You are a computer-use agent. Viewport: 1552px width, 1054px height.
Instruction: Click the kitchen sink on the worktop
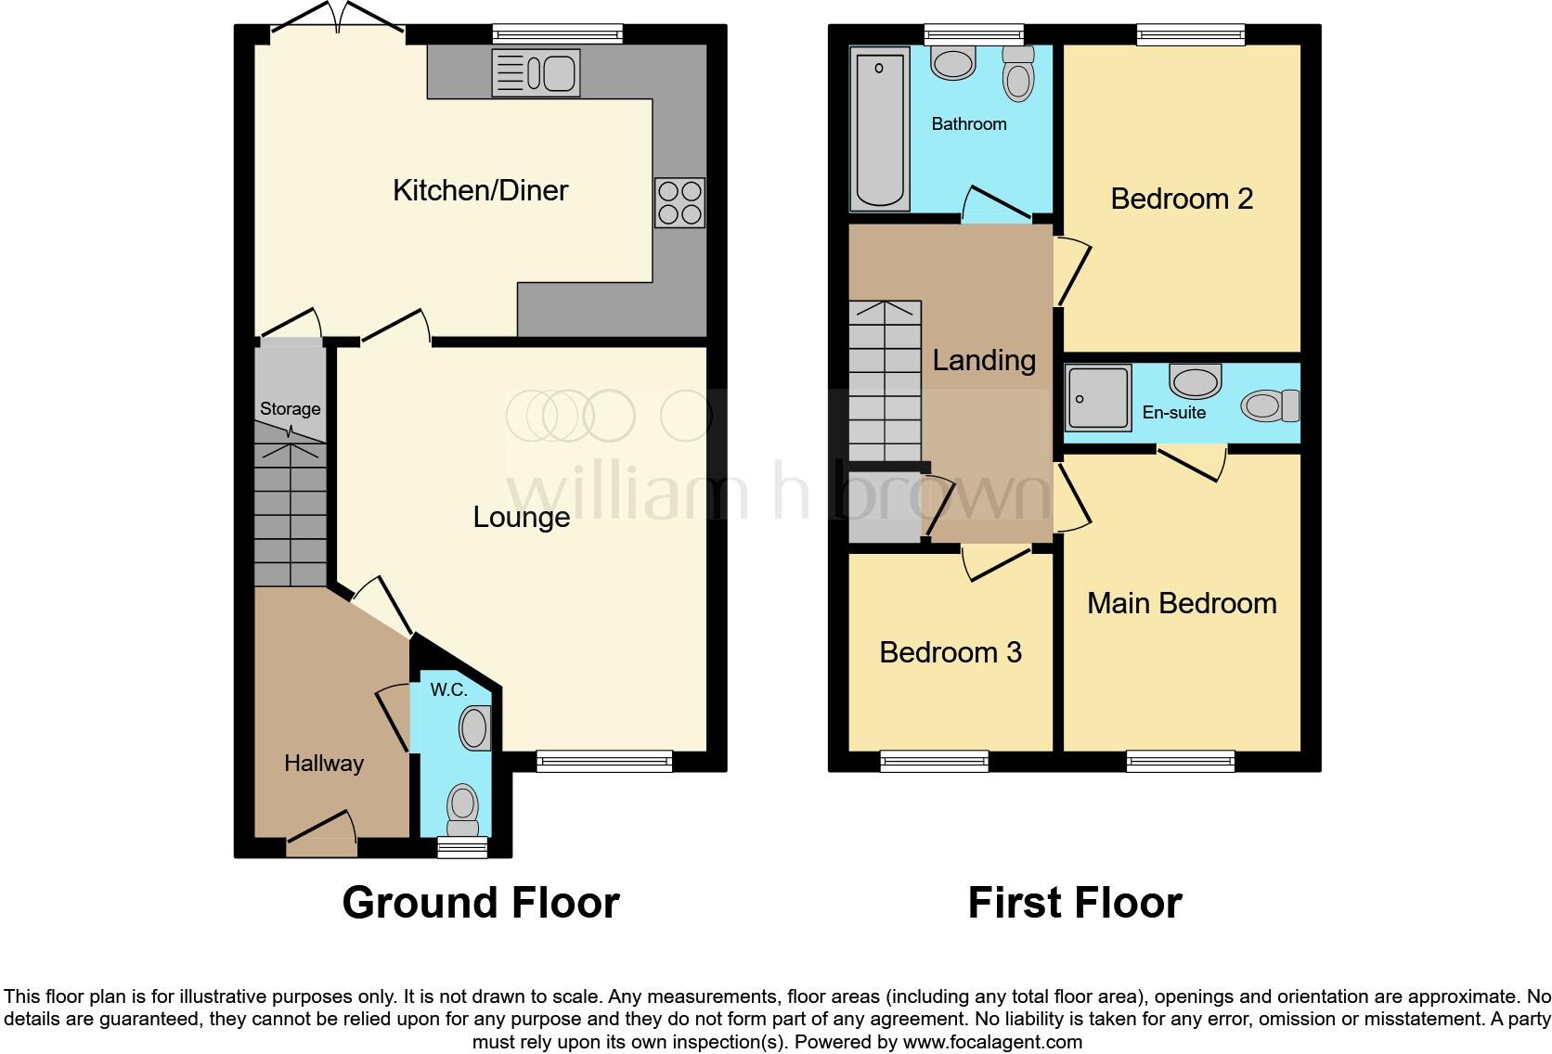[x=536, y=72]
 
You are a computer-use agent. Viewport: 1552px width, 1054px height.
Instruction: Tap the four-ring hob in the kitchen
[x=679, y=202]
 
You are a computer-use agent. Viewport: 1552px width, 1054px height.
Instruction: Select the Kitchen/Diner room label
[x=480, y=190]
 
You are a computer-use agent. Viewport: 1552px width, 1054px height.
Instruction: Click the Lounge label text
[x=521, y=517]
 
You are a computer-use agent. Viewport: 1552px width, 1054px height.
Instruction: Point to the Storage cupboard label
[x=290, y=408]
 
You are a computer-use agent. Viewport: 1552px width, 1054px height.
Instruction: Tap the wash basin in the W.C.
[x=474, y=728]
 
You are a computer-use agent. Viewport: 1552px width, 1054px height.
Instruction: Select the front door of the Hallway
[x=321, y=846]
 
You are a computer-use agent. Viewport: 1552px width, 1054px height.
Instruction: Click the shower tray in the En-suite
[x=1097, y=399]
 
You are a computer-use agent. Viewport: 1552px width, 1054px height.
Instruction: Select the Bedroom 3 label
[x=950, y=652]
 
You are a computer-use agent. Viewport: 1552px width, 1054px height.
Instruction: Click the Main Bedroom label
[x=1181, y=603]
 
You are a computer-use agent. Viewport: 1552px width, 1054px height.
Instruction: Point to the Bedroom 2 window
[x=1190, y=35]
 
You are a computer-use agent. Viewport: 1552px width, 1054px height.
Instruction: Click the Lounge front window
[x=604, y=762]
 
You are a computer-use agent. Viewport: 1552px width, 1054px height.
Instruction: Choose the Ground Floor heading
[x=480, y=902]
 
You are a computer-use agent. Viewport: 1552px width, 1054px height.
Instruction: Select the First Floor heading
[x=1074, y=902]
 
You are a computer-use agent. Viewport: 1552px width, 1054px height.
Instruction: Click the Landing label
[x=983, y=360]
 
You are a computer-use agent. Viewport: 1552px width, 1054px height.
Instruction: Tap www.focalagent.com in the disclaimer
[x=992, y=1041]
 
